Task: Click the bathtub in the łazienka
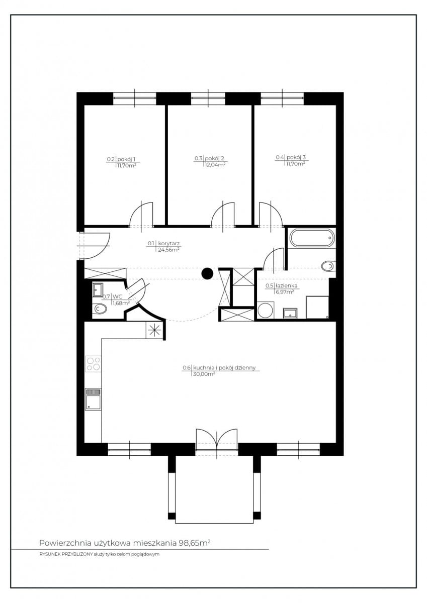click(312, 237)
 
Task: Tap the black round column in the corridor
click(207, 273)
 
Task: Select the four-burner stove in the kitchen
click(93, 364)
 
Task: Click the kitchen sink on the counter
click(93, 399)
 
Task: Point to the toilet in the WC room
click(100, 309)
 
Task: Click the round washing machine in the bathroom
click(266, 310)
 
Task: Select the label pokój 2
click(215, 158)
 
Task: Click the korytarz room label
click(169, 243)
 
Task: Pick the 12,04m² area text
click(214, 165)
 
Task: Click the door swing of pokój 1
click(141, 215)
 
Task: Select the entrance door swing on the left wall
click(95, 246)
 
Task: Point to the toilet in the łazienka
click(328, 266)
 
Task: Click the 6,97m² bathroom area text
click(284, 291)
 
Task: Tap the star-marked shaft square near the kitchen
click(154, 330)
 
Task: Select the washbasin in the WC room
click(98, 289)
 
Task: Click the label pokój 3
click(296, 157)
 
